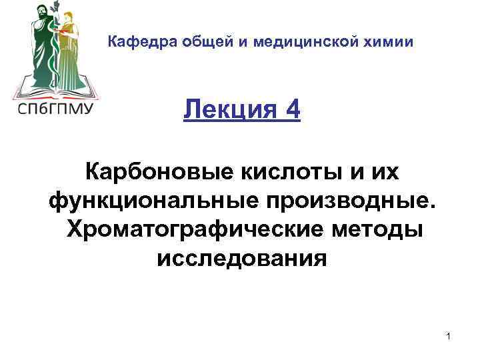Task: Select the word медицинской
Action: (x=306, y=43)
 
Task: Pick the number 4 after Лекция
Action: (x=291, y=109)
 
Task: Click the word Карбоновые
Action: (x=155, y=172)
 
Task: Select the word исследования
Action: (x=242, y=257)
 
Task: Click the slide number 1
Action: (x=449, y=337)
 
